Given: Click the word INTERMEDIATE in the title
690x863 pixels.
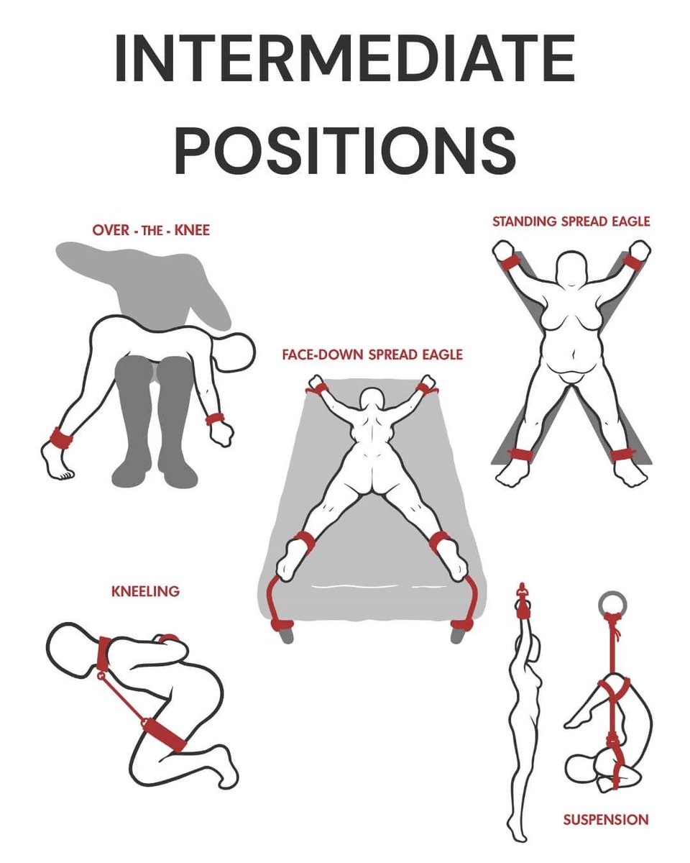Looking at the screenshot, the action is [345, 58].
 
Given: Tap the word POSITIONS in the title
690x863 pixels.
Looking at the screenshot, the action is [345, 149].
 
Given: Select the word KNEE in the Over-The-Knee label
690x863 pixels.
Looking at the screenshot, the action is [192, 230].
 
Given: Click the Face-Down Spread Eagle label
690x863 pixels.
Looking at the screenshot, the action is [372, 355].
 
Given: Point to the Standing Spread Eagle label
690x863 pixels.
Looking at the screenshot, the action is [571, 222].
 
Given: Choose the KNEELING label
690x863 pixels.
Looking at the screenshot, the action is [145, 591].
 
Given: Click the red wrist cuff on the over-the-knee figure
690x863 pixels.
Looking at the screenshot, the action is [215, 419].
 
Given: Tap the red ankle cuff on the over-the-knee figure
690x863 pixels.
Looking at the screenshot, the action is [62, 438].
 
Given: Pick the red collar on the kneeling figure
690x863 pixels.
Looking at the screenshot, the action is [103, 654].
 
